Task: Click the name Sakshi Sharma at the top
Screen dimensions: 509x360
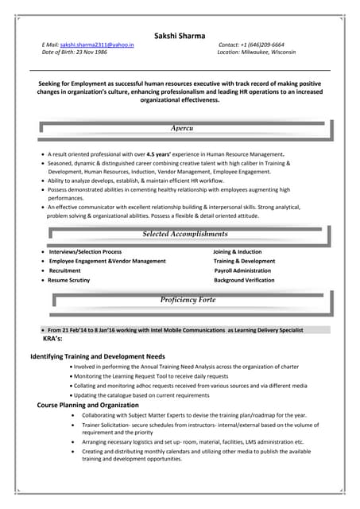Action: [x=180, y=36]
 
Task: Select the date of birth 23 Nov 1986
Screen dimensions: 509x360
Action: [x=95, y=52]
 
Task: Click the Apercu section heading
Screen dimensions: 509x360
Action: [x=182, y=127]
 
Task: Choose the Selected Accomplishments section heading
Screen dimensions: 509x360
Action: [x=184, y=234]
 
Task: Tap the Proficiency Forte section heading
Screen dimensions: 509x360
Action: [x=188, y=300]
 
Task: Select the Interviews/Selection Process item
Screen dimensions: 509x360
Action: [x=85, y=252]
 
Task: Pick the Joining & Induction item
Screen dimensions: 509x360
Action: [x=237, y=252]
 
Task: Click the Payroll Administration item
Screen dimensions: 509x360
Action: [x=242, y=270]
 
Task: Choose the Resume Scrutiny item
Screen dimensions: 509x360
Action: [x=69, y=280]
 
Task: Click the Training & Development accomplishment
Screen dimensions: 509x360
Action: [x=244, y=261]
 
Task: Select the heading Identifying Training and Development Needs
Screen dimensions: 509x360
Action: [x=98, y=356]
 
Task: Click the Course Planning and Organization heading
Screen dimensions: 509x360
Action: [x=87, y=405]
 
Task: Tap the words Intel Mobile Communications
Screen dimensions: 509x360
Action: [x=173, y=329]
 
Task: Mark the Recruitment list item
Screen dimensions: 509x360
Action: [x=64, y=270]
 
